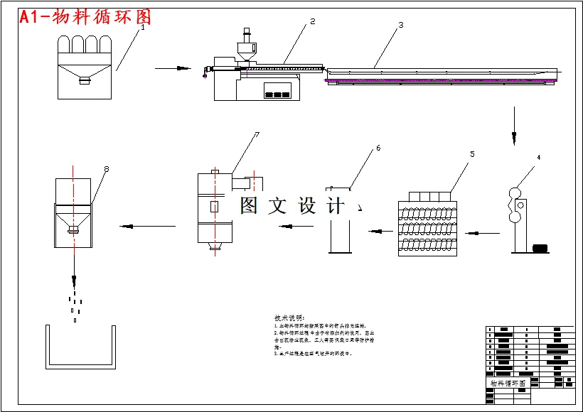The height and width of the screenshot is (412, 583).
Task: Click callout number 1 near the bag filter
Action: (x=142, y=28)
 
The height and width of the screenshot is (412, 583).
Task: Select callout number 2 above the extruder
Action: (x=312, y=22)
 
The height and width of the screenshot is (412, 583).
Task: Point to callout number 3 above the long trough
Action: (x=400, y=25)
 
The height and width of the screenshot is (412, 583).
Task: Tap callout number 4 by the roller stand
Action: (x=538, y=157)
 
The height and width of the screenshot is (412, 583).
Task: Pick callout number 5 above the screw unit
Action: (x=471, y=153)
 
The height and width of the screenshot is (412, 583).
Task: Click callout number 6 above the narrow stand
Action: (x=378, y=148)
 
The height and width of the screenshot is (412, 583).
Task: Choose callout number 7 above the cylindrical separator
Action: (x=257, y=134)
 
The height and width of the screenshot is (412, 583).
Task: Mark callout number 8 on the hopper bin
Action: (x=106, y=169)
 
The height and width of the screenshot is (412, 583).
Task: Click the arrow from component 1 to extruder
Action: (x=173, y=68)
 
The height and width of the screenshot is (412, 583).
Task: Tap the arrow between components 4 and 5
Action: (x=481, y=232)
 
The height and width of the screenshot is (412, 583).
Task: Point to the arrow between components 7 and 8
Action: (x=147, y=227)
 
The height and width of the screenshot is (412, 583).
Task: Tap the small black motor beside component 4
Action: (x=540, y=249)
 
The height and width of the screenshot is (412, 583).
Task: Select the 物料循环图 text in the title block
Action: (x=508, y=383)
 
